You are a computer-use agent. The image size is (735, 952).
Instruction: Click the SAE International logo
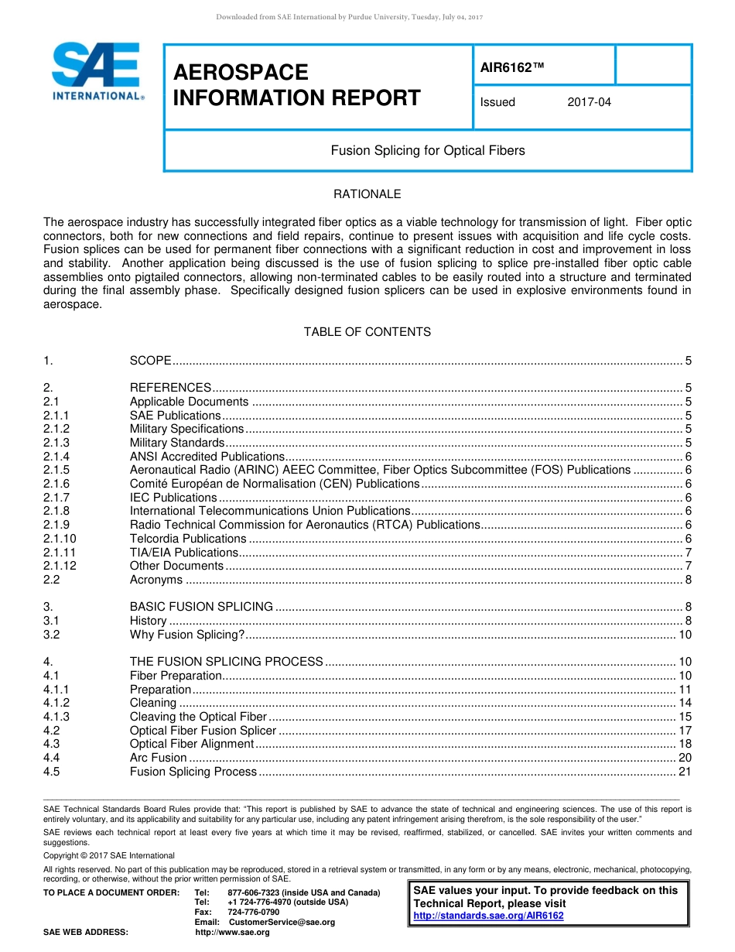[97, 71]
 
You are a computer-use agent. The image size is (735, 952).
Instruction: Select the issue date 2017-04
[589, 102]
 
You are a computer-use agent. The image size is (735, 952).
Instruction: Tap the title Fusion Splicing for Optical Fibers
[427, 150]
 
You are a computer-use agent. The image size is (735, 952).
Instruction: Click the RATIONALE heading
[367, 194]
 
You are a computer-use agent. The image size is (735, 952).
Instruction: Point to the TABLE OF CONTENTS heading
[367, 332]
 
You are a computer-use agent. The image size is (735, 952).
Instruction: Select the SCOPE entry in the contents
[150, 361]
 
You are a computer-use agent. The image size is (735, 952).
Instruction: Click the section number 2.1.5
[56, 470]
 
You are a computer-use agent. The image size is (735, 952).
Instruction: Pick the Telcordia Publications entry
[188, 539]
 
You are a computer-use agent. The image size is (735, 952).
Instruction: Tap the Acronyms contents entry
[156, 580]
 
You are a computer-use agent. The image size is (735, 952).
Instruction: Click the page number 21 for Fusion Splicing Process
[684, 772]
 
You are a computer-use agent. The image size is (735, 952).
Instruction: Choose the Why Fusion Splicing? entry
[187, 635]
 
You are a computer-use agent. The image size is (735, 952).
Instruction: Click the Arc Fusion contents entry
[158, 758]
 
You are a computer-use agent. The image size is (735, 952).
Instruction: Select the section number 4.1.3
[56, 717]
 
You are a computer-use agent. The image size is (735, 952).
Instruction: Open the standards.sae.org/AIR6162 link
[488, 916]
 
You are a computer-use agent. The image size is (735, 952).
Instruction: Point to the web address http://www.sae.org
[232, 932]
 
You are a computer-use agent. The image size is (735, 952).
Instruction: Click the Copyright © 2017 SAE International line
[109, 855]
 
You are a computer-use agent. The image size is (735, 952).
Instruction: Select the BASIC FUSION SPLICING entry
[201, 607]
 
